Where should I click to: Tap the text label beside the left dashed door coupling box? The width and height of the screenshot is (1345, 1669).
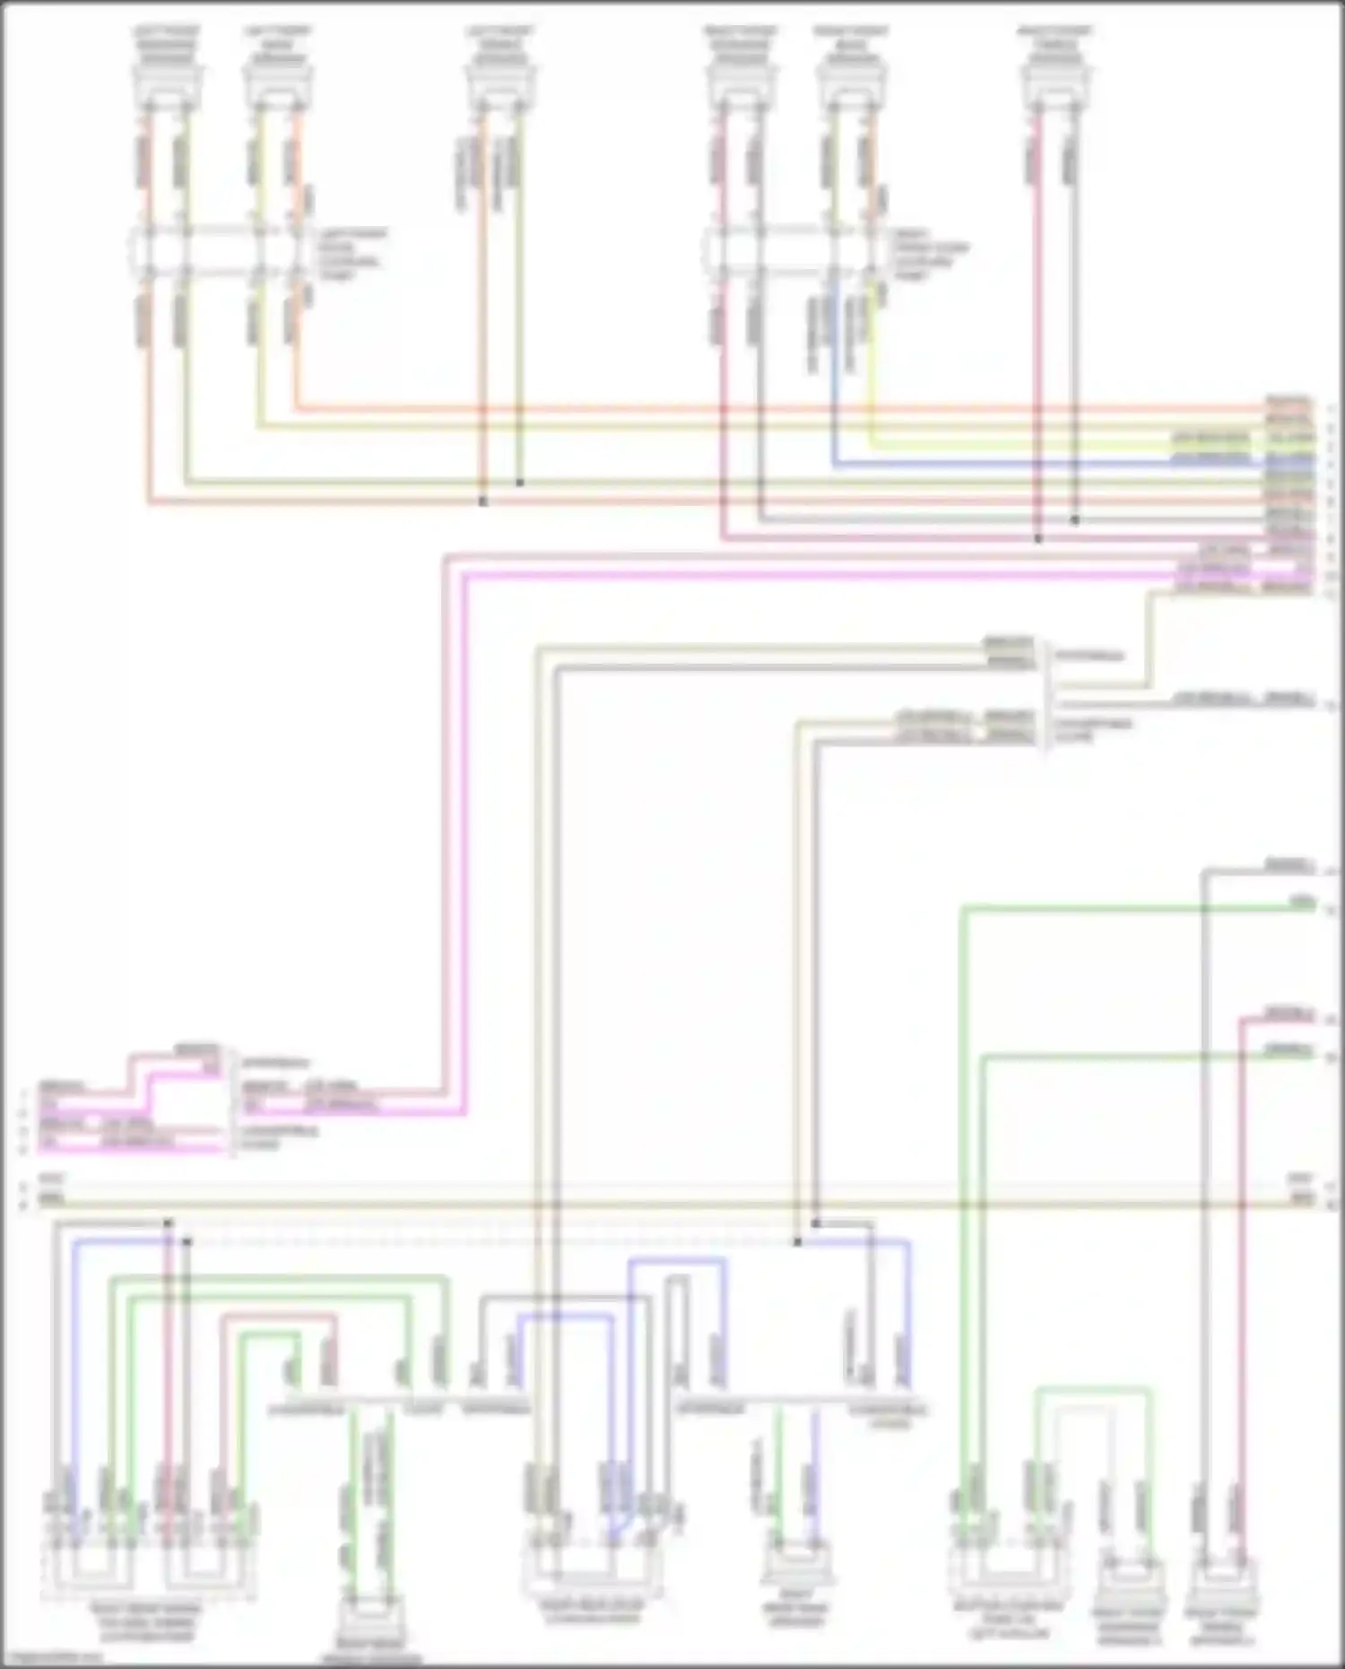coord(354,254)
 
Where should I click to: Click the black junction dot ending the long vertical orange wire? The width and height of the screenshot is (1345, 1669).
coord(482,502)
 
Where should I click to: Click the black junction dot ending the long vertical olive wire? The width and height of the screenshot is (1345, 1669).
coord(519,483)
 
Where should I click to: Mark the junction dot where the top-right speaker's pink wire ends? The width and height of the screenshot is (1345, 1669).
coord(1038,539)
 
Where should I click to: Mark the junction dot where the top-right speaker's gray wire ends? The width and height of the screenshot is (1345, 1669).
coord(1075,519)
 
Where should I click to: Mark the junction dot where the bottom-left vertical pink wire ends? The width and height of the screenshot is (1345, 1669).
coord(168,1223)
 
